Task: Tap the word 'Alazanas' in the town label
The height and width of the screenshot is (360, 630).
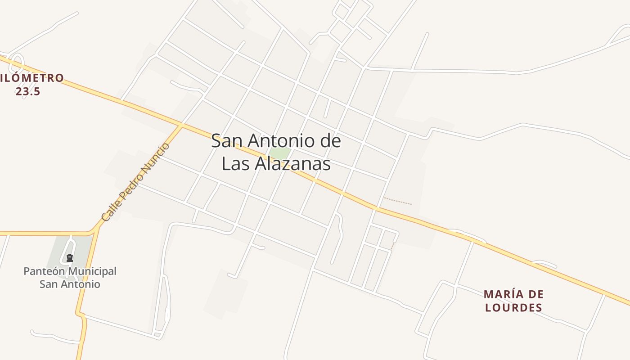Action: [x=293, y=164]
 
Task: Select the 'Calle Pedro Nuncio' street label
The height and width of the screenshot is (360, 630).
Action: [x=135, y=182]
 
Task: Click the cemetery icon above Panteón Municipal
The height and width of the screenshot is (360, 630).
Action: [x=70, y=258]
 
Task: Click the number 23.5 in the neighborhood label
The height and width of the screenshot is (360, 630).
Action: [x=28, y=91]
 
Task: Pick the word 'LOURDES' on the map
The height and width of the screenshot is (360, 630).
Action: [x=513, y=308]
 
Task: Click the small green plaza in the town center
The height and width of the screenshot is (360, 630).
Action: [x=279, y=153]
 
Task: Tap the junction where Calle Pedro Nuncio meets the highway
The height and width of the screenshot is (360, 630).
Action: [x=182, y=125]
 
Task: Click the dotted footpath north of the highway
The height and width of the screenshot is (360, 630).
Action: [x=398, y=201]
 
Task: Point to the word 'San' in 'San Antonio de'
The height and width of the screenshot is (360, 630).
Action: [x=224, y=141]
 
